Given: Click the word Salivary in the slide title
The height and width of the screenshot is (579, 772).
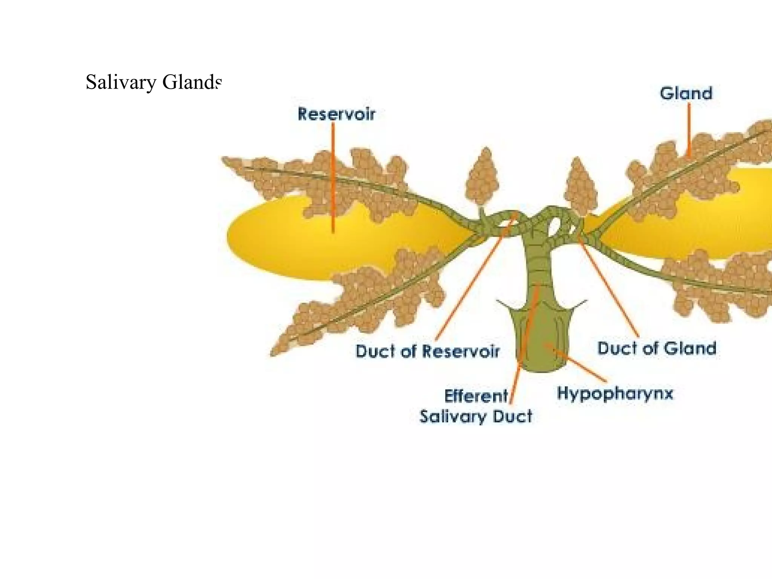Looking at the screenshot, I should [x=121, y=83].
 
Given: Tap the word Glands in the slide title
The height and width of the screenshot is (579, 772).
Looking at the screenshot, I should [x=191, y=82].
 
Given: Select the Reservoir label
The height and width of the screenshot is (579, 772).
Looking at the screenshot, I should [x=336, y=114].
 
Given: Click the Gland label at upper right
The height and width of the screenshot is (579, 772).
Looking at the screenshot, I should [x=686, y=93].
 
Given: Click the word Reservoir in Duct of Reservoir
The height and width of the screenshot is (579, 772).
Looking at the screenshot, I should [x=461, y=351].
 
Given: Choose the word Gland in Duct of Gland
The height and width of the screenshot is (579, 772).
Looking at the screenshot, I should [x=690, y=348].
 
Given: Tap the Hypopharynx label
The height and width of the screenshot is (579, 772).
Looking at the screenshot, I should [x=615, y=394].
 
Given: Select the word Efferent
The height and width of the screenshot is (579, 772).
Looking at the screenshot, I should [x=476, y=396].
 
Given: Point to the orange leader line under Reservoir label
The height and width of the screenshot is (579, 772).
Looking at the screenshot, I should [x=333, y=177].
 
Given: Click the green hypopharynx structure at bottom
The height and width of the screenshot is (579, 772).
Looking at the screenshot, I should [x=543, y=339].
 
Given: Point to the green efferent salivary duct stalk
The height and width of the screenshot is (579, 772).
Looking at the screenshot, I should [x=539, y=264].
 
